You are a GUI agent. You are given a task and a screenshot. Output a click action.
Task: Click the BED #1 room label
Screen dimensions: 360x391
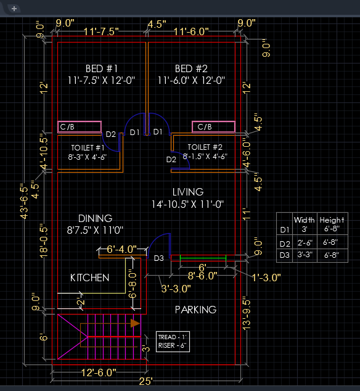(x=102, y=68)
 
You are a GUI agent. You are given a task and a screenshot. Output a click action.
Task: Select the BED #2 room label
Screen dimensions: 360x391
(x=191, y=68)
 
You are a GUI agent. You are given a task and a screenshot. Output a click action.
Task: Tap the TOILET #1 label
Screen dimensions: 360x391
(x=88, y=148)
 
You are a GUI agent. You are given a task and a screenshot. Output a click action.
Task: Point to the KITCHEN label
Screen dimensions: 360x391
(x=90, y=278)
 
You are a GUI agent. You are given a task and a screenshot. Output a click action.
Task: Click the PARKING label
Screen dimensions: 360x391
(x=195, y=310)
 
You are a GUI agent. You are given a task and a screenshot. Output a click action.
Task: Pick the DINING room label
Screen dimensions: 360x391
(x=95, y=218)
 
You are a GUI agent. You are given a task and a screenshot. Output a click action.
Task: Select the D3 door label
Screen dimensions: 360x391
(x=159, y=258)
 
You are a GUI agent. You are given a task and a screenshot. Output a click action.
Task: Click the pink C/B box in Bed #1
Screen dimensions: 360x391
(x=80, y=127)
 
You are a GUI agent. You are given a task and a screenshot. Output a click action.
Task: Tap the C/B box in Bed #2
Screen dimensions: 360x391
(x=214, y=127)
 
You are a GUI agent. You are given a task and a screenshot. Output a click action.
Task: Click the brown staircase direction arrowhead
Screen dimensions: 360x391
(x=135, y=323)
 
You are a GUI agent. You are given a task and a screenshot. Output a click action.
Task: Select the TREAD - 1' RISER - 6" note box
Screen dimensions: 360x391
(x=173, y=342)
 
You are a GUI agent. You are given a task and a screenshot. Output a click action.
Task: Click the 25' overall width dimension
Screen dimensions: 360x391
(x=146, y=381)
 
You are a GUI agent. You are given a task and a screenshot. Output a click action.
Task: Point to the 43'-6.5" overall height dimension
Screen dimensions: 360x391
(x=24, y=202)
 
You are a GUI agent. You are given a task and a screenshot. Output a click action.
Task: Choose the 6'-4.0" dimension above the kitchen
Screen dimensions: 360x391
(x=121, y=249)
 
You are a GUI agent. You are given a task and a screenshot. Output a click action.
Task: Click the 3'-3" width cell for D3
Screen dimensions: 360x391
(x=305, y=255)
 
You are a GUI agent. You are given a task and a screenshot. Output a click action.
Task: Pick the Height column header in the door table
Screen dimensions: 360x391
(x=332, y=220)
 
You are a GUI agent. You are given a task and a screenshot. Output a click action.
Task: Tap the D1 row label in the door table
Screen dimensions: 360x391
(x=285, y=229)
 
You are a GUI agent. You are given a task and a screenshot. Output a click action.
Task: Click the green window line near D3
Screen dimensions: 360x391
(x=203, y=255)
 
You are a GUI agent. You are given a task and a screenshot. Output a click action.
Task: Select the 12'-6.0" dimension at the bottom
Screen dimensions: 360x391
(x=99, y=372)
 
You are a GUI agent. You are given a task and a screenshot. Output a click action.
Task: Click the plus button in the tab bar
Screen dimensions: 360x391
(x=14, y=9)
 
